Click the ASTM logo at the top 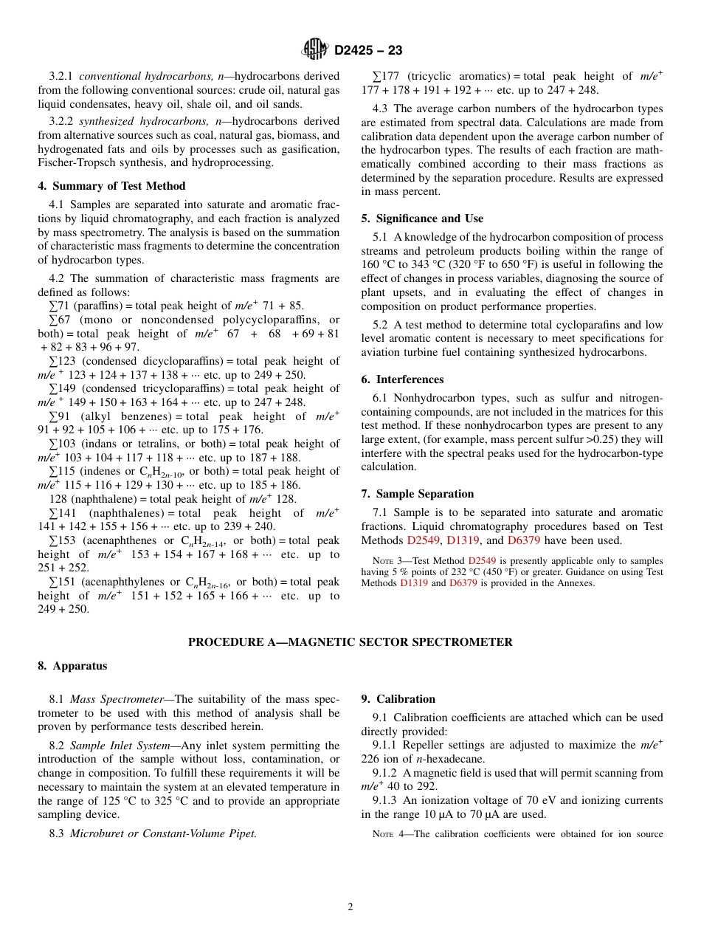click(316, 50)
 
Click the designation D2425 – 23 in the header click(368, 51)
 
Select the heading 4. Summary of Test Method click(111, 186)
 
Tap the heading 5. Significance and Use click(422, 219)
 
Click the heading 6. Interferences click(402, 379)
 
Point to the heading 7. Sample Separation click(418, 494)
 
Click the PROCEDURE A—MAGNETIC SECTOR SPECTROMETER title click(350, 642)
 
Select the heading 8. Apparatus click(72, 666)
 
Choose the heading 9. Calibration click(398, 699)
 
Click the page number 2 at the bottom click(350, 907)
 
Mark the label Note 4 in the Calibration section click(390, 835)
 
